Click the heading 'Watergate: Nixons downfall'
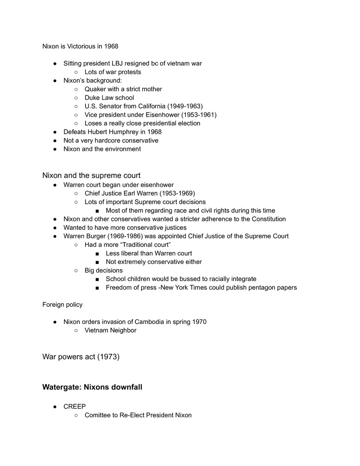(92, 387)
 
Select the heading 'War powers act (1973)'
(81, 357)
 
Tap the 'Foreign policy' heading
(62, 304)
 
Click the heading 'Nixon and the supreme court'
(91, 176)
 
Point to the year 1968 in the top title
(111, 46)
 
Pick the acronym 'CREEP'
(74, 407)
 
